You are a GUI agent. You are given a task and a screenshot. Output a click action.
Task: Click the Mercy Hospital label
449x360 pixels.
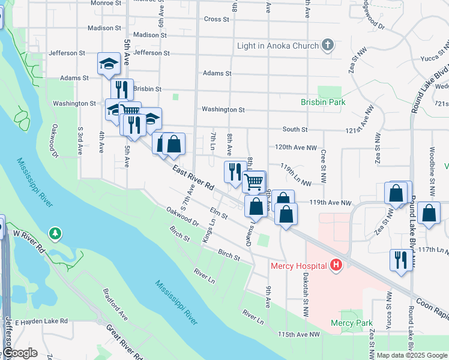[298, 265]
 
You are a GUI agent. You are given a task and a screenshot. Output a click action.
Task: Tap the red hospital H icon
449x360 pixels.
[336, 265]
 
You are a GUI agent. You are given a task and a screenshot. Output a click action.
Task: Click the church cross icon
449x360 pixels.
[328, 44]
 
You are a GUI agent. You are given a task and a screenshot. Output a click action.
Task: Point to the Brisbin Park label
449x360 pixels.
[323, 102]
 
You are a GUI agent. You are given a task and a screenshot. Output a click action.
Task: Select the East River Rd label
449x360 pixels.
[193, 179]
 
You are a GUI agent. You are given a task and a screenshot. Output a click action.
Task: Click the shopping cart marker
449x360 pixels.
[255, 181]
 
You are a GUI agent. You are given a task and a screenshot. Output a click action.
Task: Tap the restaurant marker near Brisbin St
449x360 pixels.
[122, 89]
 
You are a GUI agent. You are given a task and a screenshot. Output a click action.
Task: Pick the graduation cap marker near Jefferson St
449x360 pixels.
[109, 63]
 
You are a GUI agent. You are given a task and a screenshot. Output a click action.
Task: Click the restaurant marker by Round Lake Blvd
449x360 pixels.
[400, 260]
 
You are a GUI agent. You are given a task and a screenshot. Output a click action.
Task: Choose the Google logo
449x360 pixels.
[20, 353]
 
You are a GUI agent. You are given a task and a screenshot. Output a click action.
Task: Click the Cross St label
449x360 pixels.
[217, 19]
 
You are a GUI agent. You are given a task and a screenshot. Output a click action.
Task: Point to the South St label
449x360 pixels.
[295, 129]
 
